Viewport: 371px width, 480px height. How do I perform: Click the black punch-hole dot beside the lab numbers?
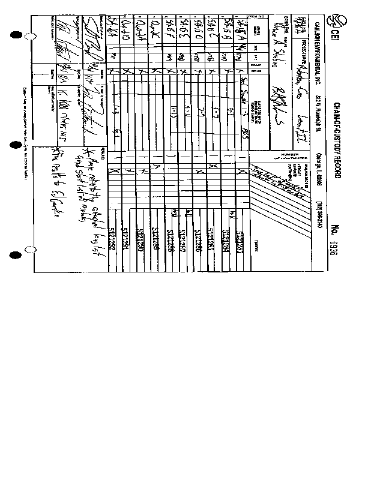tap(16, 255)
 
